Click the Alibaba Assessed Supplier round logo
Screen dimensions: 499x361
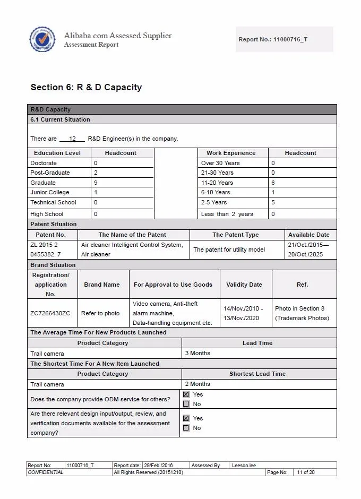42,39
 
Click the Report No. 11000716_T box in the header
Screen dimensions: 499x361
284,39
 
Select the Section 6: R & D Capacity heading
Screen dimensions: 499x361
86,87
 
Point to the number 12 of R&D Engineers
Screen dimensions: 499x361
73,139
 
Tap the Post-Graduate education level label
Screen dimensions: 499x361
50,173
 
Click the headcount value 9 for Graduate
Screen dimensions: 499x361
96,183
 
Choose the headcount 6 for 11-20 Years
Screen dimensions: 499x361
273,183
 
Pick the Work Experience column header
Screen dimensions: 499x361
231,153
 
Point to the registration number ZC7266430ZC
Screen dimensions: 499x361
50,313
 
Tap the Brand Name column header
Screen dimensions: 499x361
102,285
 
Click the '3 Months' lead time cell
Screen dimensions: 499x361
197,353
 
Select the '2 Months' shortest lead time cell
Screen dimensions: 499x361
197,384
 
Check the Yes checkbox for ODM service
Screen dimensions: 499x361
186,394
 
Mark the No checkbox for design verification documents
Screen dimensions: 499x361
186,428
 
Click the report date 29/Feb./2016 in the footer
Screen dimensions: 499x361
158,466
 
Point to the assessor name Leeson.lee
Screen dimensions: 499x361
244,466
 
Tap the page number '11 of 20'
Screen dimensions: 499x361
306,472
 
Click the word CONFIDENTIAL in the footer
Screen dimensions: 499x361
46,472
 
